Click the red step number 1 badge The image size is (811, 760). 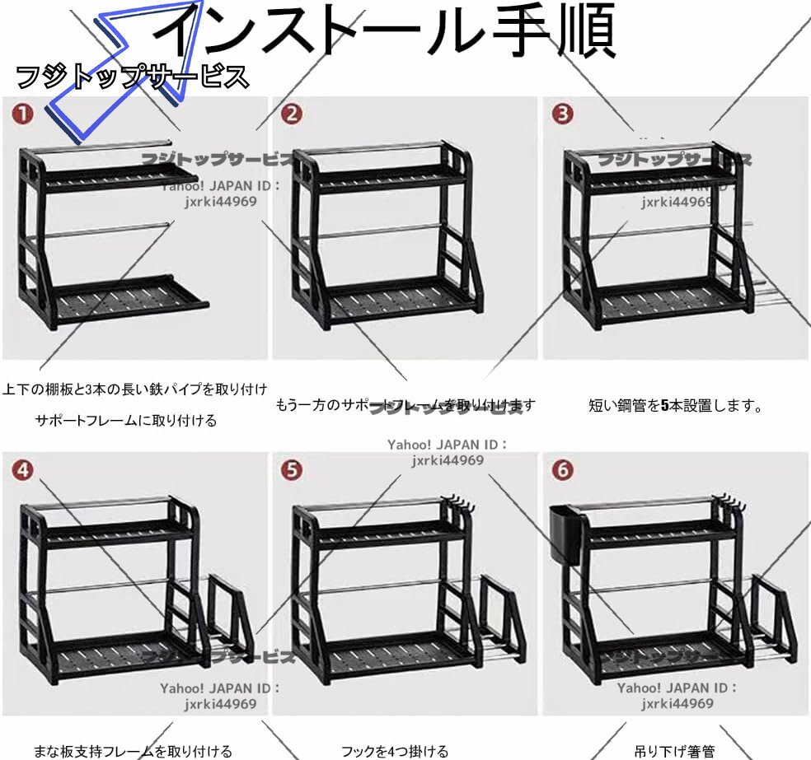tap(23, 114)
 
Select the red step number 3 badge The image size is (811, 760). tap(562, 114)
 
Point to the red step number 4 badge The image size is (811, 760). tap(23, 470)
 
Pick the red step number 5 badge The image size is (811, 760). tap(292, 470)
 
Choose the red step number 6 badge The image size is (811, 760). tap(562, 470)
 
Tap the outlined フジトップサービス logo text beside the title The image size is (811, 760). tap(132, 77)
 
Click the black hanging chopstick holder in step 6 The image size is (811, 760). tap(569, 534)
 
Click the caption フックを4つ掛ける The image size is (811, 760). tap(395, 751)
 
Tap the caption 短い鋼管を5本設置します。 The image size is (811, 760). tap(676, 405)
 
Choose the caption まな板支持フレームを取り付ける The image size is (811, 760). tap(132, 751)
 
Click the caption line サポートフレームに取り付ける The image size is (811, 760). tap(126, 421)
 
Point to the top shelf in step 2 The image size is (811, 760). tap(379, 178)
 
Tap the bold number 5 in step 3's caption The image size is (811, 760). tap(664, 405)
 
